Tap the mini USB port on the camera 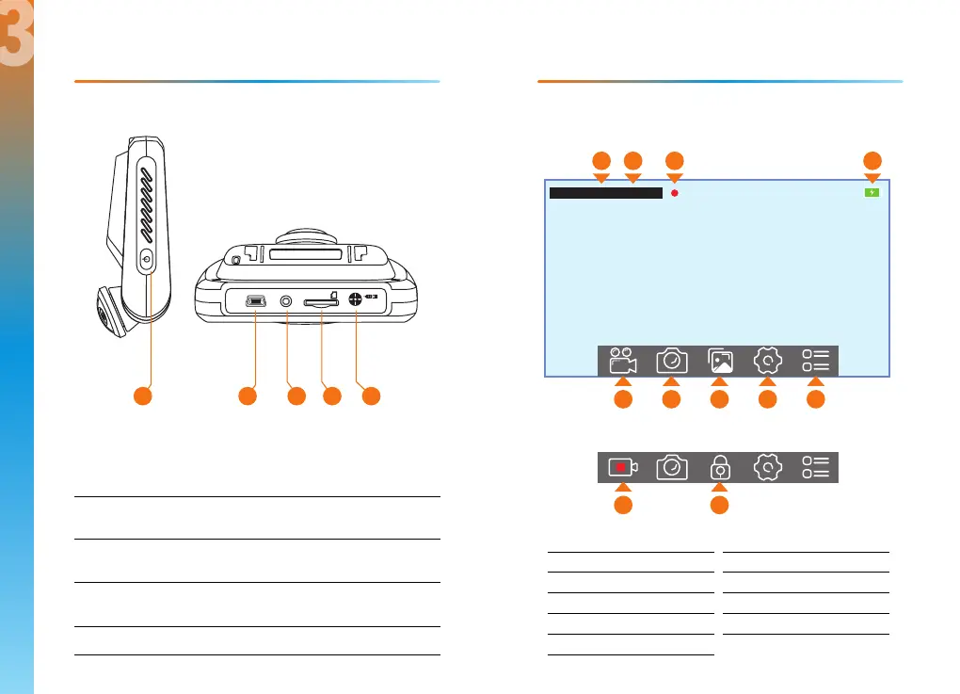[x=255, y=302]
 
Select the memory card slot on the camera [x=321, y=302]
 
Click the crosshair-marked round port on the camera [x=357, y=301]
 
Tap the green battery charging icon [x=872, y=192]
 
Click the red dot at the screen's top [x=675, y=193]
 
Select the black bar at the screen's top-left [x=605, y=193]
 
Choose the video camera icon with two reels [x=622, y=361]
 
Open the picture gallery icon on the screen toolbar [x=720, y=361]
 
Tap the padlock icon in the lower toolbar [x=720, y=467]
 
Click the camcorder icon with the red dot [x=622, y=467]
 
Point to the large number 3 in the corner [x=17, y=42]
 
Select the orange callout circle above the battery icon [x=872, y=160]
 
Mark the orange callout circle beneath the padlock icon [x=720, y=506]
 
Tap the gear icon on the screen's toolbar [x=768, y=361]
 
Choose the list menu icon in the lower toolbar [x=816, y=467]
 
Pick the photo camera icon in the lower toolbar [x=671, y=467]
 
